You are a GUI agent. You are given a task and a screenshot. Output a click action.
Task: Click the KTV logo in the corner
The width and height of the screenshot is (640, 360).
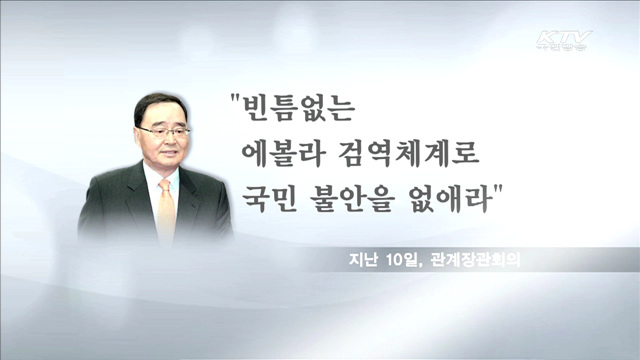click(x=564, y=43)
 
